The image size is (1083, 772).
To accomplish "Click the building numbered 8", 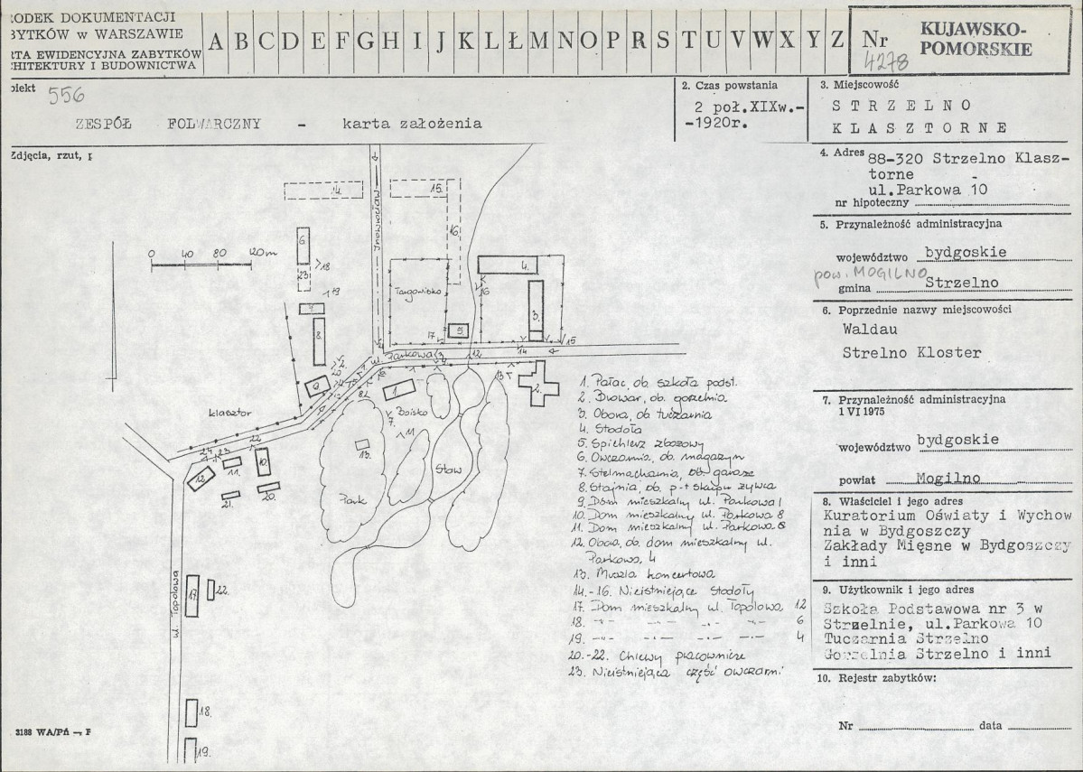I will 319,334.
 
